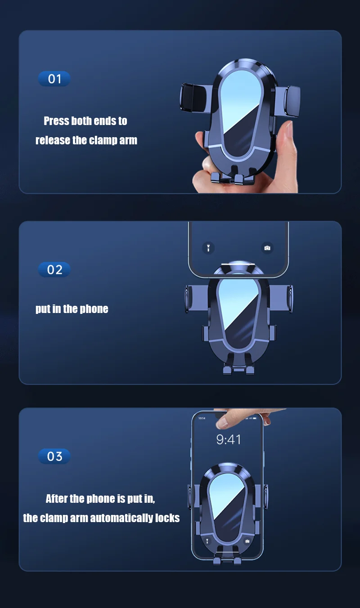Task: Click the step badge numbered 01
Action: pos(54,79)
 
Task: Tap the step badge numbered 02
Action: pos(54,269)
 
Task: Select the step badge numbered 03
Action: pos(54,456)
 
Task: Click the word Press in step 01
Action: pos(57,121)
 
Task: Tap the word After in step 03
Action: pos(56,499)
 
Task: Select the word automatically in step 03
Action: pos(121,518)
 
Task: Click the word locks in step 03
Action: pos(167,518)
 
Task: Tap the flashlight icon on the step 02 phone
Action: pos(208,248)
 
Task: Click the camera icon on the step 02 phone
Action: pos(267,248)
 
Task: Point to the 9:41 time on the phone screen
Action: pos(229,439)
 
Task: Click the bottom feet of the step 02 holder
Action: pos(238,369)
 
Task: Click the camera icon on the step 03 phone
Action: pos(247,541)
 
